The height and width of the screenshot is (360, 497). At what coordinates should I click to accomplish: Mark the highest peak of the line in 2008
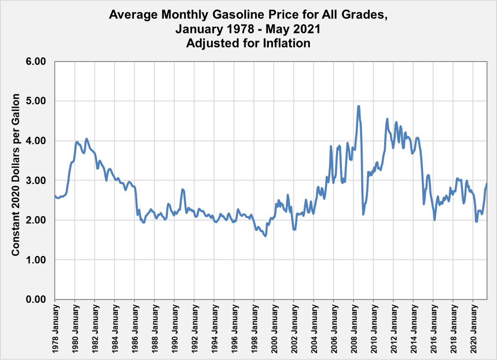coord(359,106)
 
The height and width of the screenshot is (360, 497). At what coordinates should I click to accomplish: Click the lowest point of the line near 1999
coord(265,236)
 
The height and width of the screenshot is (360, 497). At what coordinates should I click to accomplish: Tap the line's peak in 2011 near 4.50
coord(387,119)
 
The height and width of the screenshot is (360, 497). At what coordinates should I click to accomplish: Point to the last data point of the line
coord(487,183)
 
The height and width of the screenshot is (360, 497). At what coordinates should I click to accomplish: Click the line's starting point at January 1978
coord(55,196)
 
